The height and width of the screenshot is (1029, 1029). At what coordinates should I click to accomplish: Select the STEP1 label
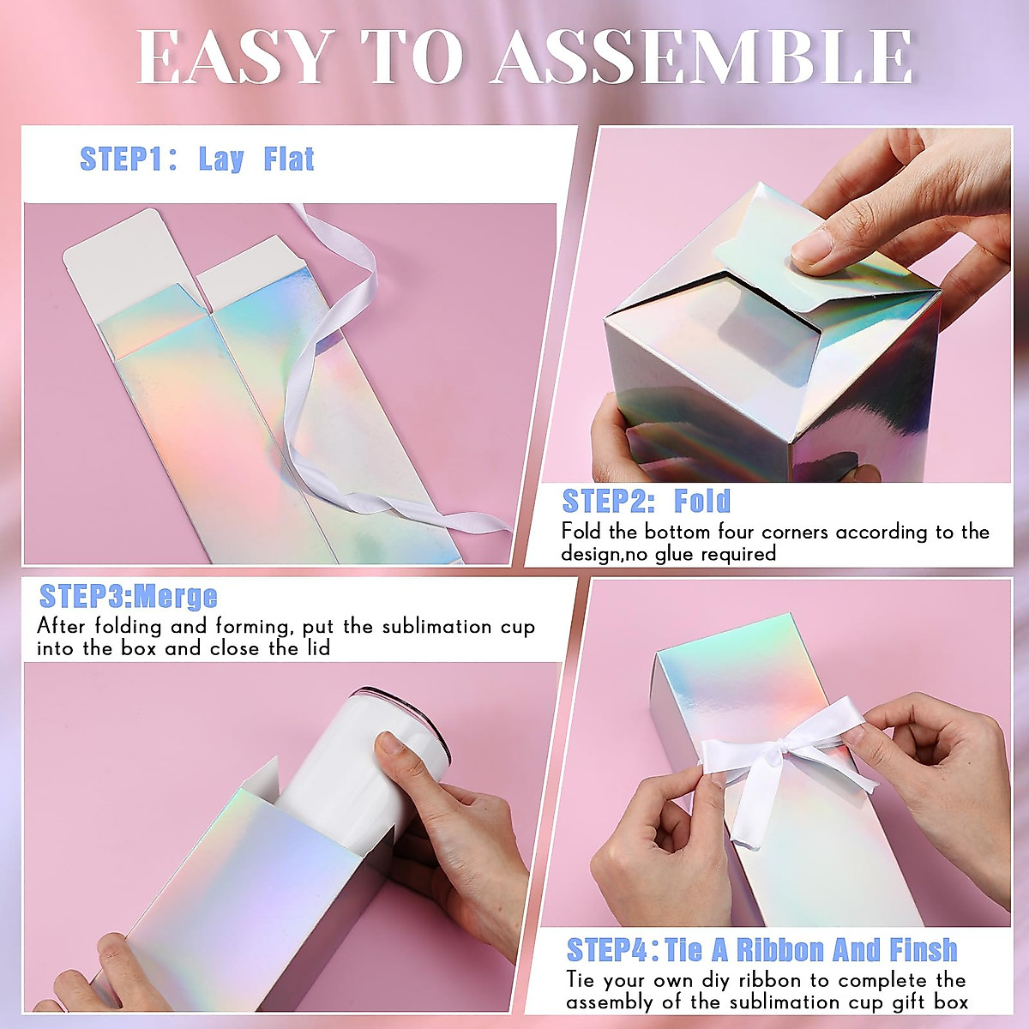121,159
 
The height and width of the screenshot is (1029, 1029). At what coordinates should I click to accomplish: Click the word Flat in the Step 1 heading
289,159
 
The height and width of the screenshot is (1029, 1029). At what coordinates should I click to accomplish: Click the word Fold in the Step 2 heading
702,501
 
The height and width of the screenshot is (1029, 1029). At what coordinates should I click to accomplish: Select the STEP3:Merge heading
129,596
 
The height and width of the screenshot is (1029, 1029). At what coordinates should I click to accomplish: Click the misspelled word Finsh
923,950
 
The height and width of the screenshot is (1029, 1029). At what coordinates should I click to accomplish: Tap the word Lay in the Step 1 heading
220,159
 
